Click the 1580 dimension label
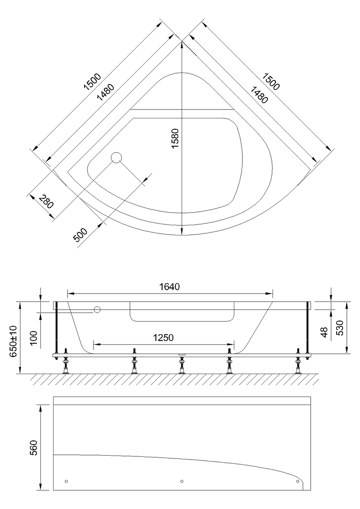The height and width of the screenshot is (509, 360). click(x=175, y=138)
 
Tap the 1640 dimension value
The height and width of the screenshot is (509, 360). click(x=169, y=287)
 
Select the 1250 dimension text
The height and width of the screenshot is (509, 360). click(x=163, y=338)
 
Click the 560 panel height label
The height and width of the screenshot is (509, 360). click(x=33, y=447)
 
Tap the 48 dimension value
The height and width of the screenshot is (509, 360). click(x=323, y=332)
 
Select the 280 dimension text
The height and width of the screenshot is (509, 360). click(x=46, y=201)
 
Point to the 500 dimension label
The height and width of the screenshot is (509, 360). click(x=80, y=235)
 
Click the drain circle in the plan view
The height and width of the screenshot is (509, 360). click(x=116, y=157)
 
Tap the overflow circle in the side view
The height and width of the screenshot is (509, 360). click(x=97, y=310)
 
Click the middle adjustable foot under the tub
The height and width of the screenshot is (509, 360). click(x=181, y=365)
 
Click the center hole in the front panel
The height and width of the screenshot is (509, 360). click(x=182, y=481)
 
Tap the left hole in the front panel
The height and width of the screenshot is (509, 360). click(x=66, y=481)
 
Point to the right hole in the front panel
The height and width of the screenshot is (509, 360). click(x=298, y=481)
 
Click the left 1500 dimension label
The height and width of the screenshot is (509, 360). click(x=92, y=81)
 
